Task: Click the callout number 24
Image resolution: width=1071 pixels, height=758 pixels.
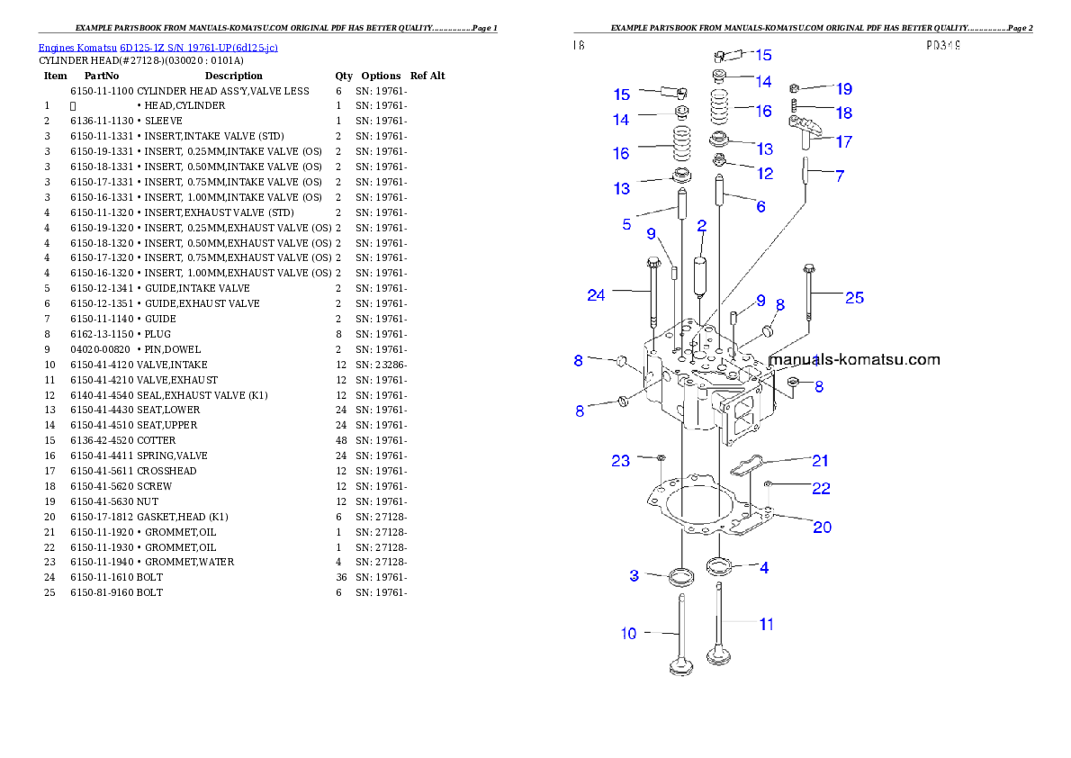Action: tap(596, 295)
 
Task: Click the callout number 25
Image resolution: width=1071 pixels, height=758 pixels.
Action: tap(854, 297)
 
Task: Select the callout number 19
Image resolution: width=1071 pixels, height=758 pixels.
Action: tap(843, 89)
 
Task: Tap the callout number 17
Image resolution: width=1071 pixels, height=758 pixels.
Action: tap(843, 141)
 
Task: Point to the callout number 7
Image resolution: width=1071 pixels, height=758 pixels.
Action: tap(840, 176)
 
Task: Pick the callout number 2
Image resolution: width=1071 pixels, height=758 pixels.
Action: tap(701, 227)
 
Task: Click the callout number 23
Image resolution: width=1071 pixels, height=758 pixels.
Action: tap(621, 461)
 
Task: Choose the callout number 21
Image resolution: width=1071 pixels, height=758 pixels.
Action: tap(820, 461)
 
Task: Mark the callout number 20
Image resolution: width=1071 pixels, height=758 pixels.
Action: tap(822, 527)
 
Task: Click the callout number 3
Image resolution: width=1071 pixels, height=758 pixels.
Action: tap(634, 575)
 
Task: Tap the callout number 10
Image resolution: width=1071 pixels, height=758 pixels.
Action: tap(628, 634)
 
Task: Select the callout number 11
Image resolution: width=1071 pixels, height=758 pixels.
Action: tap(766, 623)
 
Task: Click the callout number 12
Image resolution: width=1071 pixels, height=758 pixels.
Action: tap(764, 173)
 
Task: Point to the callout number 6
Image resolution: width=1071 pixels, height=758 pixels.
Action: tap(760, 207)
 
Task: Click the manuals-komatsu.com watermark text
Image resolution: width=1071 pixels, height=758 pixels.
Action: tap(855, 360)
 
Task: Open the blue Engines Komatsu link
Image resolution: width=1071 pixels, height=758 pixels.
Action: tap(157, 47)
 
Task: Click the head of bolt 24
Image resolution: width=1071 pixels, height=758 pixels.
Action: tap(651, 263)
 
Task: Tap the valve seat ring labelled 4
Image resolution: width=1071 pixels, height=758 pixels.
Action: tap(718, 566)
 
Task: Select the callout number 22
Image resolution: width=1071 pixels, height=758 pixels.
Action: tap(820, 489)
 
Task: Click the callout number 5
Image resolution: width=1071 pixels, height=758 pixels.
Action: tap(626, 224)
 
